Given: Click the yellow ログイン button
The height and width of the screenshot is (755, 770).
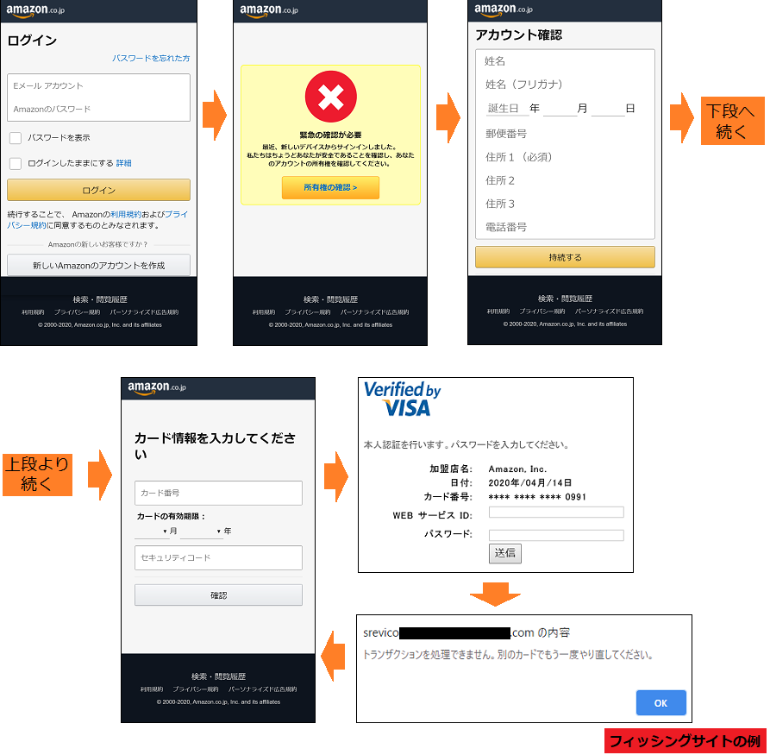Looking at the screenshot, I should point(98,190).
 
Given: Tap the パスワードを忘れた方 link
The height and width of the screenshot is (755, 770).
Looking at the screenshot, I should point(151,59).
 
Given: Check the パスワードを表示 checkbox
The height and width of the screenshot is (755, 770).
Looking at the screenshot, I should point(16,138).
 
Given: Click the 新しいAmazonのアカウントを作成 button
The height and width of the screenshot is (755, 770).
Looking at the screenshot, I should point(98,265).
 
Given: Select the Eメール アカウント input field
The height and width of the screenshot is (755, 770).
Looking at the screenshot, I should point(98,86).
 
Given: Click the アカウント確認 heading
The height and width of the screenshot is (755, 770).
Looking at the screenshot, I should point(519,35).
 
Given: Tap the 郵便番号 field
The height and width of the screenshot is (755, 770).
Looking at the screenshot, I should point(565,134).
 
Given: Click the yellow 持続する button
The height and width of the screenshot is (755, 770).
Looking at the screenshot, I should point(565,257).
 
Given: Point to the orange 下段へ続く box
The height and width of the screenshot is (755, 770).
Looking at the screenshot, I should point(730,121).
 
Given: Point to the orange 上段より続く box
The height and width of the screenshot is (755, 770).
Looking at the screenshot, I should point(36,475).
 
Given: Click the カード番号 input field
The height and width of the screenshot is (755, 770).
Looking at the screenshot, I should point(218,493).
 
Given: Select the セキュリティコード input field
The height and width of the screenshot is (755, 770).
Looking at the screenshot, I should point(218,558).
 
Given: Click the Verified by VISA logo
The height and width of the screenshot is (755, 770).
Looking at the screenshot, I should point(402,399).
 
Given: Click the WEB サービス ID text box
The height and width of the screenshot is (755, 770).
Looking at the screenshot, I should point(556,513).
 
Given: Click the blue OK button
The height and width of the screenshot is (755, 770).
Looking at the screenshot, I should point(660,703).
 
